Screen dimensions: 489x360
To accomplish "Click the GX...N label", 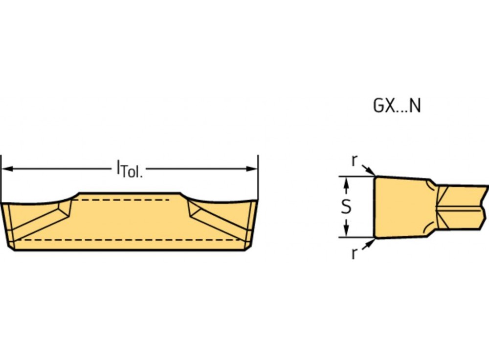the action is point(397,106).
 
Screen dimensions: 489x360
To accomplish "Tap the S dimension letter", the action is point(346,206).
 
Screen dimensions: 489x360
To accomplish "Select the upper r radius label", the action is point(354,160).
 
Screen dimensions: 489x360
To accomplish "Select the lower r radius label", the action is point(354,254).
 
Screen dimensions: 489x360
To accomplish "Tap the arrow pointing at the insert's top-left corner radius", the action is point(369,170).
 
